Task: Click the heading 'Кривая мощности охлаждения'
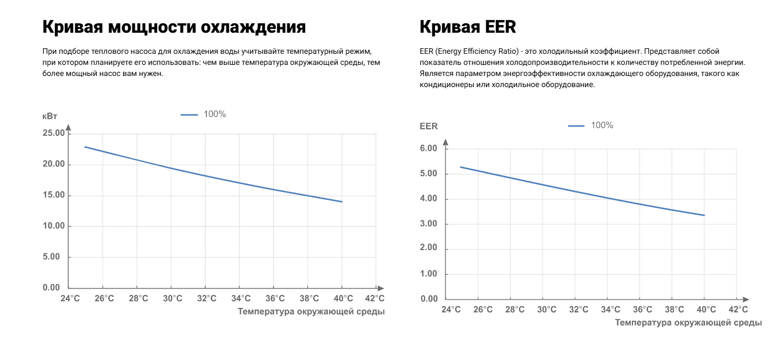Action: [174, 27]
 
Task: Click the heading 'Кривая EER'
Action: [468, 27]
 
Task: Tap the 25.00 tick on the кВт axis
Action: [54, 133]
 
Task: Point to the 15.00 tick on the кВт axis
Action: [54, 195]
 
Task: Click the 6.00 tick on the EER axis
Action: [429, 149]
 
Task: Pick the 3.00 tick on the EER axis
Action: [429, 224]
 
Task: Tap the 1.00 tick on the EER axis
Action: [429, 274]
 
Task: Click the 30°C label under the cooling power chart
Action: [173, 298]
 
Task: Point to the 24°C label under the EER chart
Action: [451, 310]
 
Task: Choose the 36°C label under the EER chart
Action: [642, 310]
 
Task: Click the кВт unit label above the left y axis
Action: [50, 116]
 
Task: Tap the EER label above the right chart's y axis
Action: [429, 126]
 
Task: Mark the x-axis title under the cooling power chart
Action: [311, 312]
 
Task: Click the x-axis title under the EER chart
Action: [688, 322]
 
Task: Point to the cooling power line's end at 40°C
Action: [342, 202]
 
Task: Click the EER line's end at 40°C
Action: [704, 215]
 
